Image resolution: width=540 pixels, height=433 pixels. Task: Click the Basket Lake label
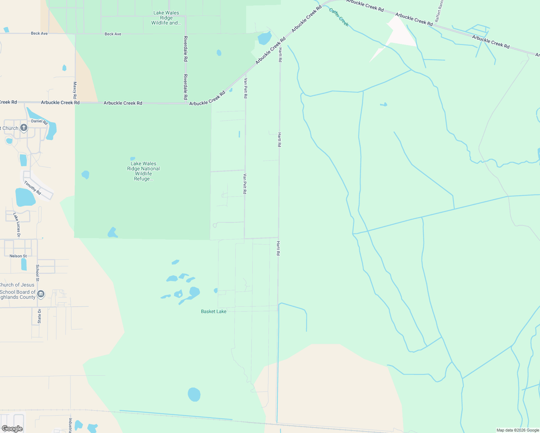214,311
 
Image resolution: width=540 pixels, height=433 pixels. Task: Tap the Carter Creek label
339,17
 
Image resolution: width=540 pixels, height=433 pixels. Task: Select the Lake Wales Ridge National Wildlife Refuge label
143,171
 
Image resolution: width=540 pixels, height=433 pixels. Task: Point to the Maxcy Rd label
75,90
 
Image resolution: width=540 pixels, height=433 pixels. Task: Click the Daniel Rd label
39,122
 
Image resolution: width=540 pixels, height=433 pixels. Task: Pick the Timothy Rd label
32,188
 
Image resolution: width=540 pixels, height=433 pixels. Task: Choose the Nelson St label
18,256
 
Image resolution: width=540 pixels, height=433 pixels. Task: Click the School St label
38,273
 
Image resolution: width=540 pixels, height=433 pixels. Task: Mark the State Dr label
39,316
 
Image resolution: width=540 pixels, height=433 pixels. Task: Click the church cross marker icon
24,127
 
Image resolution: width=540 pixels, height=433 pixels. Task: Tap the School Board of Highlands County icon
41,294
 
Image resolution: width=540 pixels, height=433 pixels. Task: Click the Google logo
12,429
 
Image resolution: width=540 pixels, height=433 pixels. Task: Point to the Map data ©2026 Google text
518,430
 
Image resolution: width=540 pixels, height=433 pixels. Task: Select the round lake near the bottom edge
194,394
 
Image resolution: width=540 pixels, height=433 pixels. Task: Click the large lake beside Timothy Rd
25,197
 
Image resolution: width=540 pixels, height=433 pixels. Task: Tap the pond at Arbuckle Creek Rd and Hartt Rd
265,38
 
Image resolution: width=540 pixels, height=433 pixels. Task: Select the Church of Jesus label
17,285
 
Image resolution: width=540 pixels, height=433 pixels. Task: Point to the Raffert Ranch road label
439,11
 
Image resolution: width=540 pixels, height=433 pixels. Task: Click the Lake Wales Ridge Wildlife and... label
166,18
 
